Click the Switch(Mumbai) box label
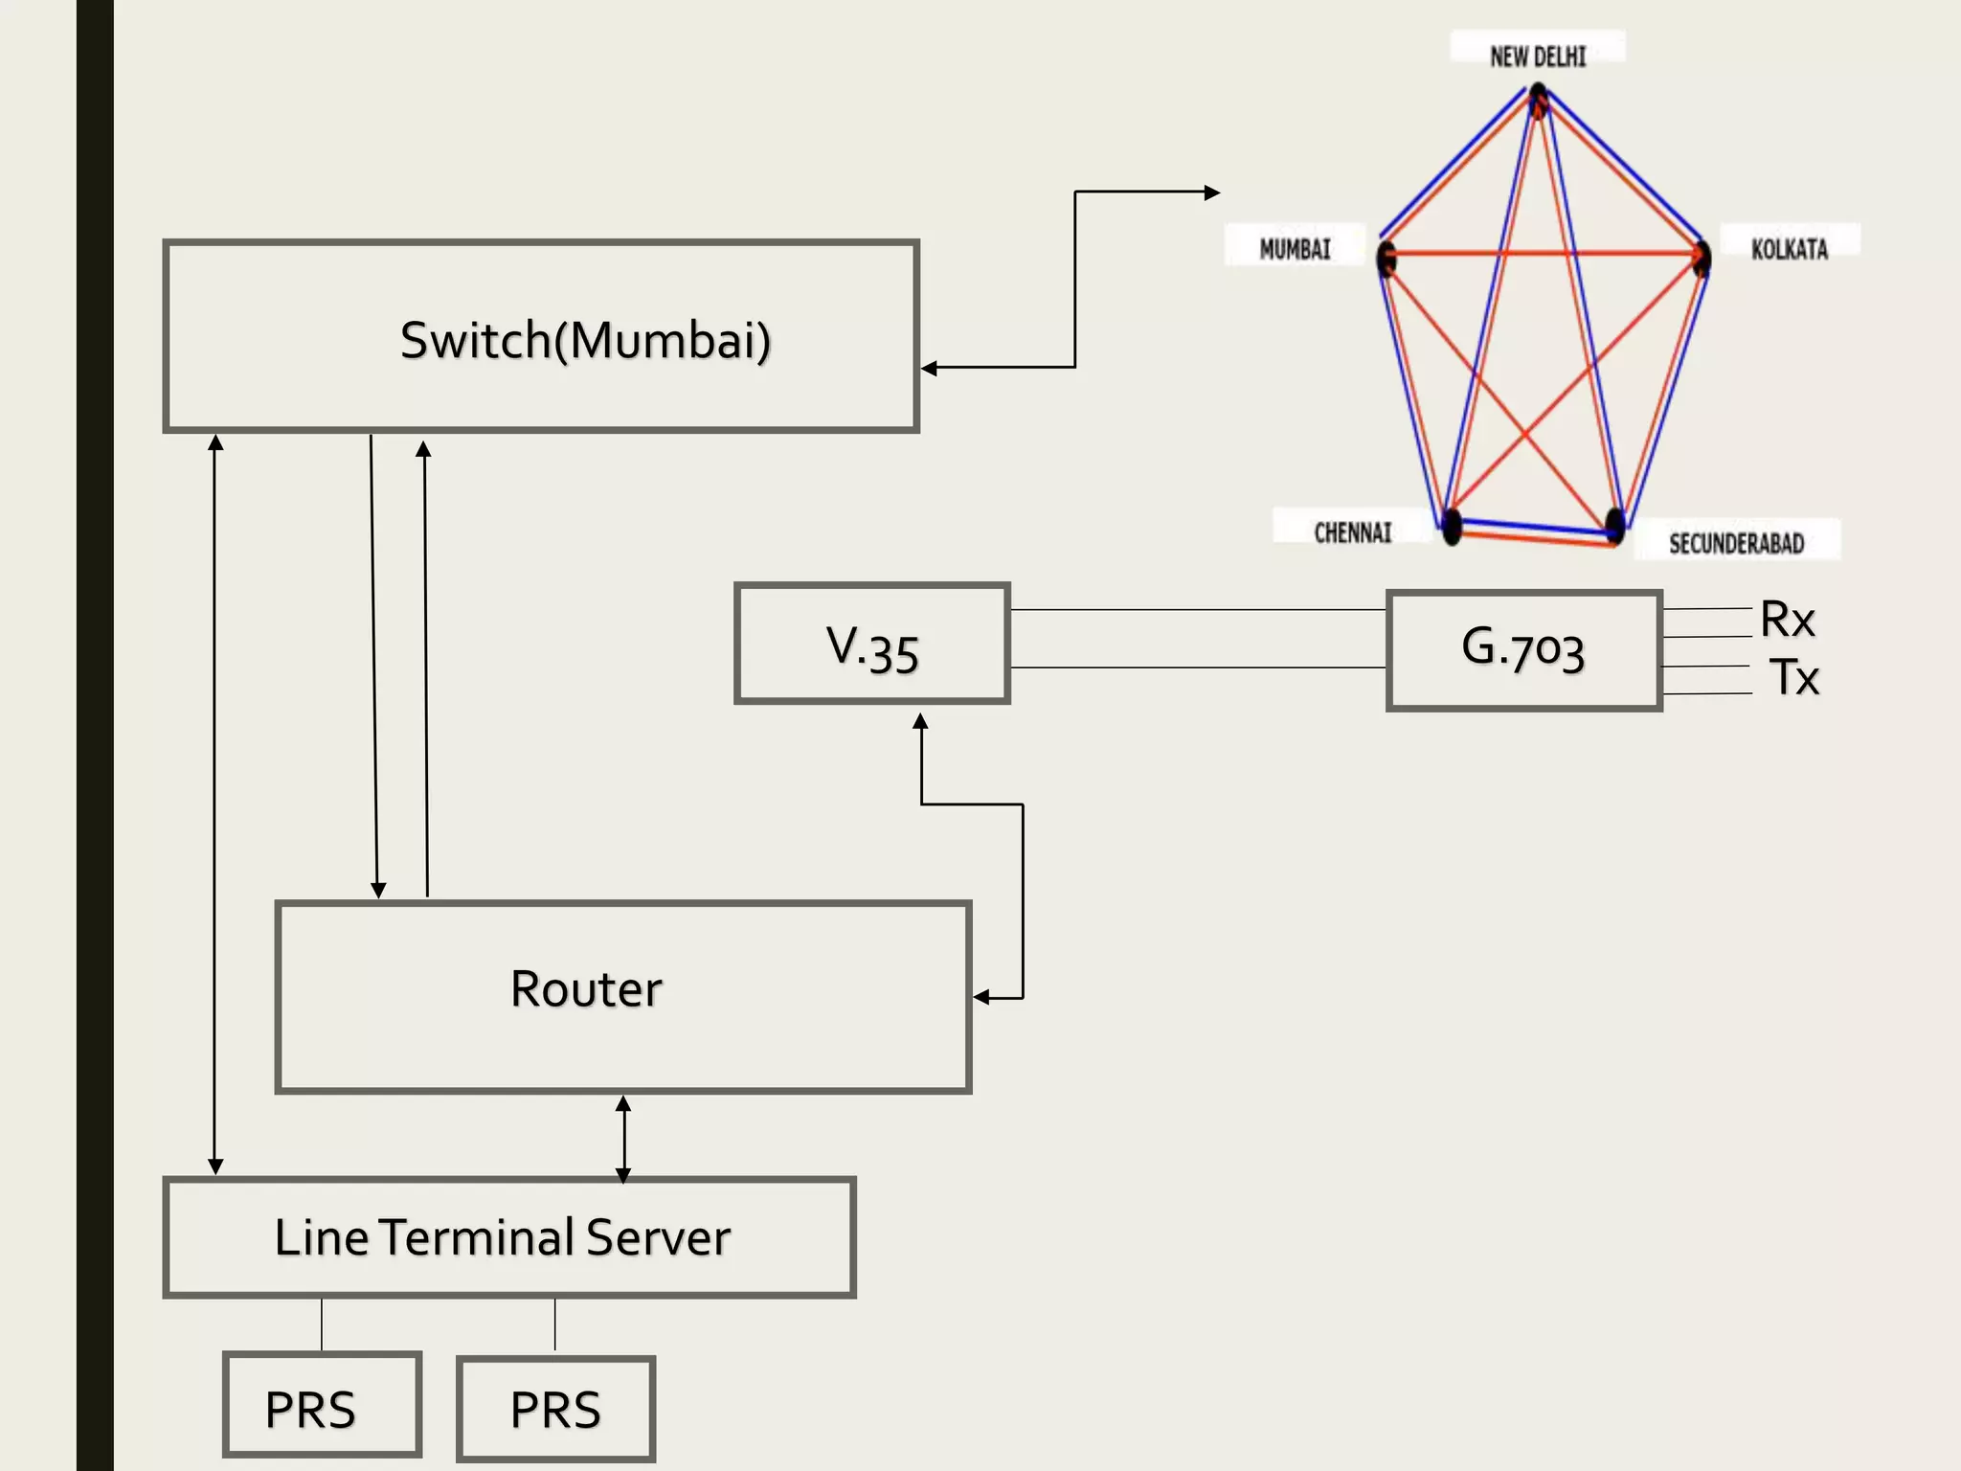[x=585, y=340]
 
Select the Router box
[x=622, y=996]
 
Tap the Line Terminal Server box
[x=508, y=1236]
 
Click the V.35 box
[x=872, y=644]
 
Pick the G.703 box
[x=1523, y=650]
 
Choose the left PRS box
[x=322, y=1405]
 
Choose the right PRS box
[x=555, y=1409]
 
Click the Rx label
[x=1787, y=620]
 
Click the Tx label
[x=1792, y=677]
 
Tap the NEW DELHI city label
[x=1537, y=57]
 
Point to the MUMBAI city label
[x=1295, y=249]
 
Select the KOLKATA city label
[x=1789, y=249]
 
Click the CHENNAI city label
[x=1352, y=532]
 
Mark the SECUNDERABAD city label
[x=1736, y=543]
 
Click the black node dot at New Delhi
[x=1538, y=97]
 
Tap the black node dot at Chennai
[x=1452, y=526]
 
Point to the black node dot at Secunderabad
[x=1614, y=525]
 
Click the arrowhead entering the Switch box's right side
[x=929, y=368]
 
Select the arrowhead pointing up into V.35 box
[x=920, y=720]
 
